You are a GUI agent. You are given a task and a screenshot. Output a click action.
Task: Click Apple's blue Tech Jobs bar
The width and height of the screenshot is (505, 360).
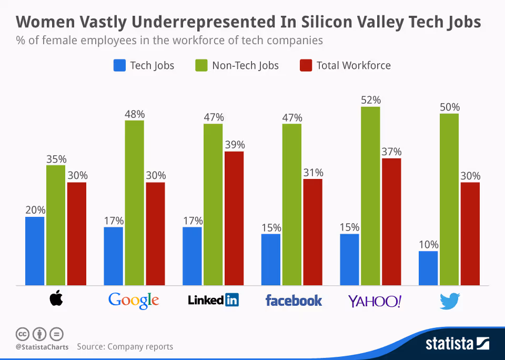click(35, 251)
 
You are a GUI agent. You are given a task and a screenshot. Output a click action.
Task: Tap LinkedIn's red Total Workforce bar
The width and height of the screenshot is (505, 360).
click(234, 218)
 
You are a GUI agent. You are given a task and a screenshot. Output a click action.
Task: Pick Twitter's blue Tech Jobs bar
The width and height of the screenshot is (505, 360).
click(428, 268)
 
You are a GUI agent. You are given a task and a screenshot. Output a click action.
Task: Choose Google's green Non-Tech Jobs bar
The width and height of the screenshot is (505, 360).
click(134, 203)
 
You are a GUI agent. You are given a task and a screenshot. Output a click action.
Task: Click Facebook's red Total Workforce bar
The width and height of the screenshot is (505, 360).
click(312, 232)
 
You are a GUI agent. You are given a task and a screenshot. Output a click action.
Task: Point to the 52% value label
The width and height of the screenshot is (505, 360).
click(370, 100)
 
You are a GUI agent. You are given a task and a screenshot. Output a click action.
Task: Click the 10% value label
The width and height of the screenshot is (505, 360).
click(428, 245)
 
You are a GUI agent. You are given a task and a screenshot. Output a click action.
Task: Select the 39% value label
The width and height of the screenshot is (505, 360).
click(234, 145)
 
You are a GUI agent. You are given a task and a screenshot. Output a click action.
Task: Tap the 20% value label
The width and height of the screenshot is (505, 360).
click(35, 210)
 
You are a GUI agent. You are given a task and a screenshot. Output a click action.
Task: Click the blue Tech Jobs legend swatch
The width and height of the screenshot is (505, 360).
click(119, 66)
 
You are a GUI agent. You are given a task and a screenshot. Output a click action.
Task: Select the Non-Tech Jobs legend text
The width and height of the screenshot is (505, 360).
click(245, 66)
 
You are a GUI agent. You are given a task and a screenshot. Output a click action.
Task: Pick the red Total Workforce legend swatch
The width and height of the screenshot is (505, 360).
click(306, 66)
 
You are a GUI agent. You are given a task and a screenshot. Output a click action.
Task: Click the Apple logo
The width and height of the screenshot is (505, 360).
click(56, 299)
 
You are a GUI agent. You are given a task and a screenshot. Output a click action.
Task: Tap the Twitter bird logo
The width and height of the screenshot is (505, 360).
click(449, 301)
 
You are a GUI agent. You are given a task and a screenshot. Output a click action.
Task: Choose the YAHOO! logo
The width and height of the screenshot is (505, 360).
click(375, 301)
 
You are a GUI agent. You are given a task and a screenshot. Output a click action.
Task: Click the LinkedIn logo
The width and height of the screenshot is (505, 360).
click(213, 301)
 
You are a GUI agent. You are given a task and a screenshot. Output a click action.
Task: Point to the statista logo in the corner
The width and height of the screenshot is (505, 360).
click(457, 344)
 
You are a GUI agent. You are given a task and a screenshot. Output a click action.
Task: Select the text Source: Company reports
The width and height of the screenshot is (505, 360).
click(125, 346)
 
